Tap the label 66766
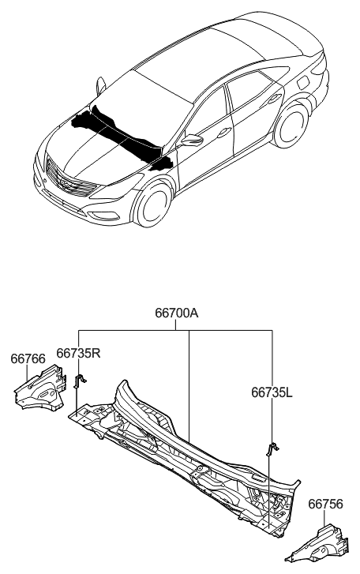click(27, 358)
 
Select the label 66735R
click(78, 353)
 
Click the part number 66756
click(324, 503)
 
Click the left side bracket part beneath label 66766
click(40, 390)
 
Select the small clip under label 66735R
click(79, 383)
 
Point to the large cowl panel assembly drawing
click(189, 454)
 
